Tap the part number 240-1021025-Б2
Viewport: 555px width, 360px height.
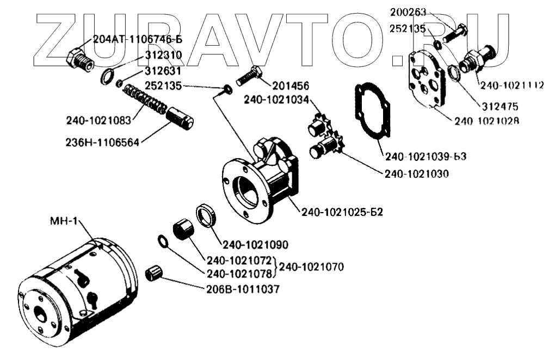click(x=342, y=212)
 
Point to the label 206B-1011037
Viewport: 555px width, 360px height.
click(x=244, y=290)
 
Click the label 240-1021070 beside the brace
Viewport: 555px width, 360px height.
click(x=312, y=267)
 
